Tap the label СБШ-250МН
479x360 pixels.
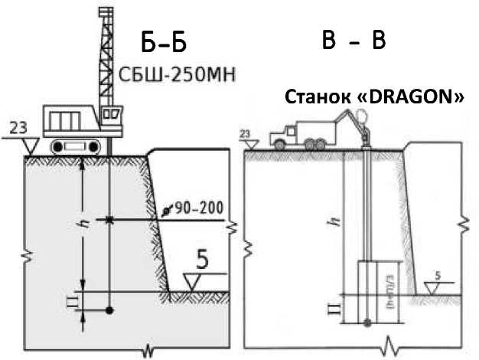coord(175,74)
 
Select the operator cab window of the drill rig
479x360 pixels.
coord(112,116)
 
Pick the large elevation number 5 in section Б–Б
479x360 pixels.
coord(203,260)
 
